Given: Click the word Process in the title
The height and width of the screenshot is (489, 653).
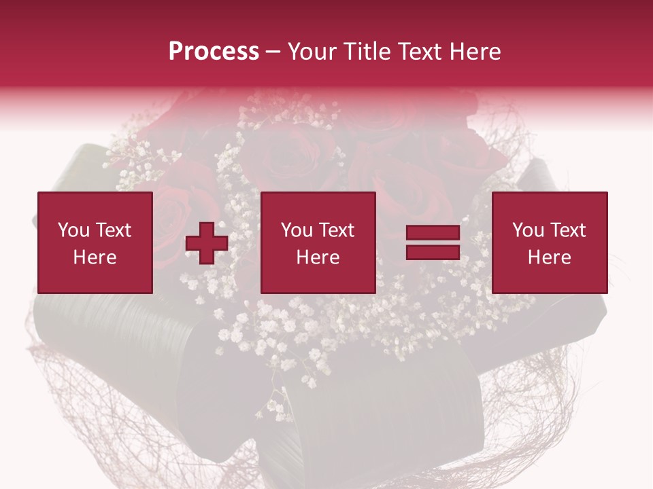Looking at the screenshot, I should click(214, 52).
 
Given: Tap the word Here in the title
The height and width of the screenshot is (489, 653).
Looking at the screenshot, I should click(475, 52).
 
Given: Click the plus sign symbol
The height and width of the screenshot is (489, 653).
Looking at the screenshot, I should click(207, 243).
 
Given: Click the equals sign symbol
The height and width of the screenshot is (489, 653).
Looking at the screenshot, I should click(433, 243).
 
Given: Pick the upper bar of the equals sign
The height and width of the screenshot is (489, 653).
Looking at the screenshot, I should click(433, 234).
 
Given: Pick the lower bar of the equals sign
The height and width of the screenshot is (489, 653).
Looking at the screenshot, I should click(433, 253).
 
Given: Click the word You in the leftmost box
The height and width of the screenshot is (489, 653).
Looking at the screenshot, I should click(73, 230).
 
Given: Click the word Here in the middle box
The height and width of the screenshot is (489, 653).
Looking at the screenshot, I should click(318, 257).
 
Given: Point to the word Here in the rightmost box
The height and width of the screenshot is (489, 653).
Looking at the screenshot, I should click(550, 257).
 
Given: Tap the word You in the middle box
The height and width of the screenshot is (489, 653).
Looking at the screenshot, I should click(297, 230).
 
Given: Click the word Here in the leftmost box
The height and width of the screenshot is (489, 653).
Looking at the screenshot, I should click(95, 257).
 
